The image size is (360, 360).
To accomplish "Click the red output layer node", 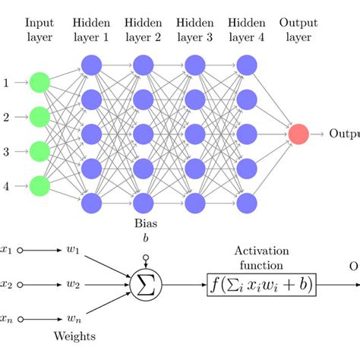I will [298, 134].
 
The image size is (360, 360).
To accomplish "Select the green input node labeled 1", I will [39, 82].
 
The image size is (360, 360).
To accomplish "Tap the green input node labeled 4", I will [39, 185].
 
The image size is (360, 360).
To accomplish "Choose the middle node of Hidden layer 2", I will [143, 134].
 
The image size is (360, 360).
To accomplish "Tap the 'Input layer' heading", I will [39, 30].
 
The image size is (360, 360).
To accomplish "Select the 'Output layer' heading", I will [298, 30].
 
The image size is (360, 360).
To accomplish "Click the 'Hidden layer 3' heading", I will [194, 30].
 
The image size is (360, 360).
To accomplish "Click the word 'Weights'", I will [75, 335].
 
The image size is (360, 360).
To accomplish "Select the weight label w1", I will [73, 251].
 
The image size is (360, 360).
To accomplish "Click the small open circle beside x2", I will [21, 285].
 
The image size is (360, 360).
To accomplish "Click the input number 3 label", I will [7, 151].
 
